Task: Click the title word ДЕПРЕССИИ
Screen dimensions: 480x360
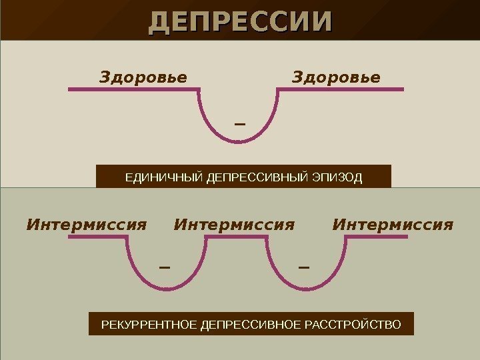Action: (239, 21)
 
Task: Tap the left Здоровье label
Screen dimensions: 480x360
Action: (143, 77)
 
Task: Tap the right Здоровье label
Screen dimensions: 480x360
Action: (336, 77)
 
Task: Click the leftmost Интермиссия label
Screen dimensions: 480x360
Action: (86, 225)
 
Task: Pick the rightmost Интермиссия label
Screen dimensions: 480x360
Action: (392, 225)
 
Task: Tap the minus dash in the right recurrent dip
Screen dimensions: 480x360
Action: (304, 268)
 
